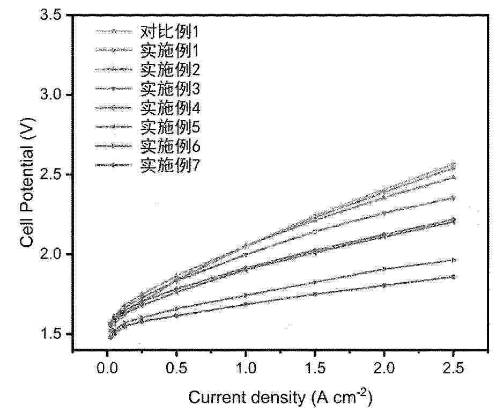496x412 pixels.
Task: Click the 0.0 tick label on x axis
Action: [107, 369]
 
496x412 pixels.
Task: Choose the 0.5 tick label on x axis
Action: [176, 369]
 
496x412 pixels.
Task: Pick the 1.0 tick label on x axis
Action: [246, 369]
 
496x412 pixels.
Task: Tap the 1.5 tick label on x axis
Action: [315, 369]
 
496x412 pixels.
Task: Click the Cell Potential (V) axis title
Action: [27, 182]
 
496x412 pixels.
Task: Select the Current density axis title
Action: [280, 397]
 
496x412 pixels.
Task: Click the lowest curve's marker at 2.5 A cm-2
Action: [453, 277]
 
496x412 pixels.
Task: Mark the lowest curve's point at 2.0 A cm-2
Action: [384, 285]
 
